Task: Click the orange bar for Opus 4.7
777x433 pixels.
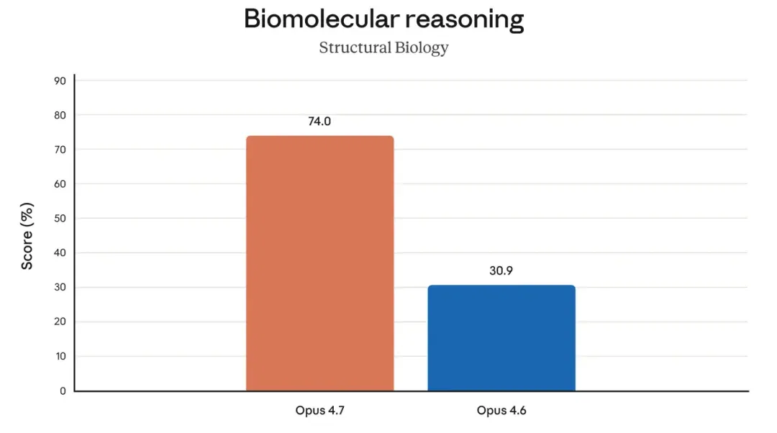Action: (x=320, y=263)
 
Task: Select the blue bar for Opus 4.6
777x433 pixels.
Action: (x=501, y=338)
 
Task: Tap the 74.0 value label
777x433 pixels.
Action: (x=319, y=122)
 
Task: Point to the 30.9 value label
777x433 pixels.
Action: (x=501, y=270)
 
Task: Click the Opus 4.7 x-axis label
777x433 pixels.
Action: (x=319, y=411)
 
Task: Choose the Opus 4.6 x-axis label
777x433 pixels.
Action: (x=501, y=411)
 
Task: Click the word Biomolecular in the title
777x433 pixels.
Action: (x=322, y=19)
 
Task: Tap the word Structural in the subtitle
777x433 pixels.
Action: (x=349, y=47)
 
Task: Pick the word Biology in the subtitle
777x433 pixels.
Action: (x=415, y=48)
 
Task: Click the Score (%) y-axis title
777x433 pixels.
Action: (x=27, y=236)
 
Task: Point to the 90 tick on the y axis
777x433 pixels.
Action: (x=60, y=81)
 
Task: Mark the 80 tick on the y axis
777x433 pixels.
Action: (x=60, y=115)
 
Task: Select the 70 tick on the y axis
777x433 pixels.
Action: (x=60, y=150)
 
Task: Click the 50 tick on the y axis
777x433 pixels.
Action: (x=60, y=219)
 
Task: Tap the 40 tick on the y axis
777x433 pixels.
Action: (x=60, y=252)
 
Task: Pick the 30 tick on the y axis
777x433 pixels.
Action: (x=60, y=287)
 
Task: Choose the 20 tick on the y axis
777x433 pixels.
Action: (x=60, y=322)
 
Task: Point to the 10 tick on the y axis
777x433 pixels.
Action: (x=60, y=356)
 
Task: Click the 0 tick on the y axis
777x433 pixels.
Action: (x=63, y=391)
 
